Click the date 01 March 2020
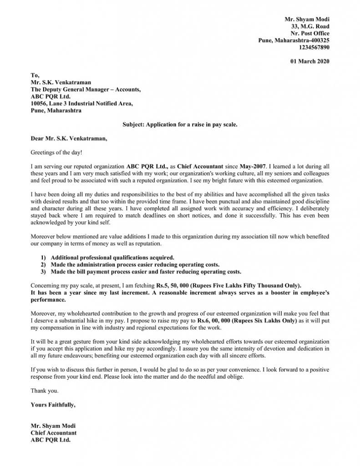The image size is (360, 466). [309, 61]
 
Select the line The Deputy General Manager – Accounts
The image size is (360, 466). [86, 90]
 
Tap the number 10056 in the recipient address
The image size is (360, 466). [39, 103]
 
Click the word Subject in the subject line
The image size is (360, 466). [133, 124]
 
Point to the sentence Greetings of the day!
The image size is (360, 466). [56, 152]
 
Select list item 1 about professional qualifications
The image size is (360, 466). [112, 257]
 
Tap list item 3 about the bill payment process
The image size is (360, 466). [146, 272]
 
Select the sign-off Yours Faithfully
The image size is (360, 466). [53, 404]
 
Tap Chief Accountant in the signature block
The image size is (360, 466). [54, 433]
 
